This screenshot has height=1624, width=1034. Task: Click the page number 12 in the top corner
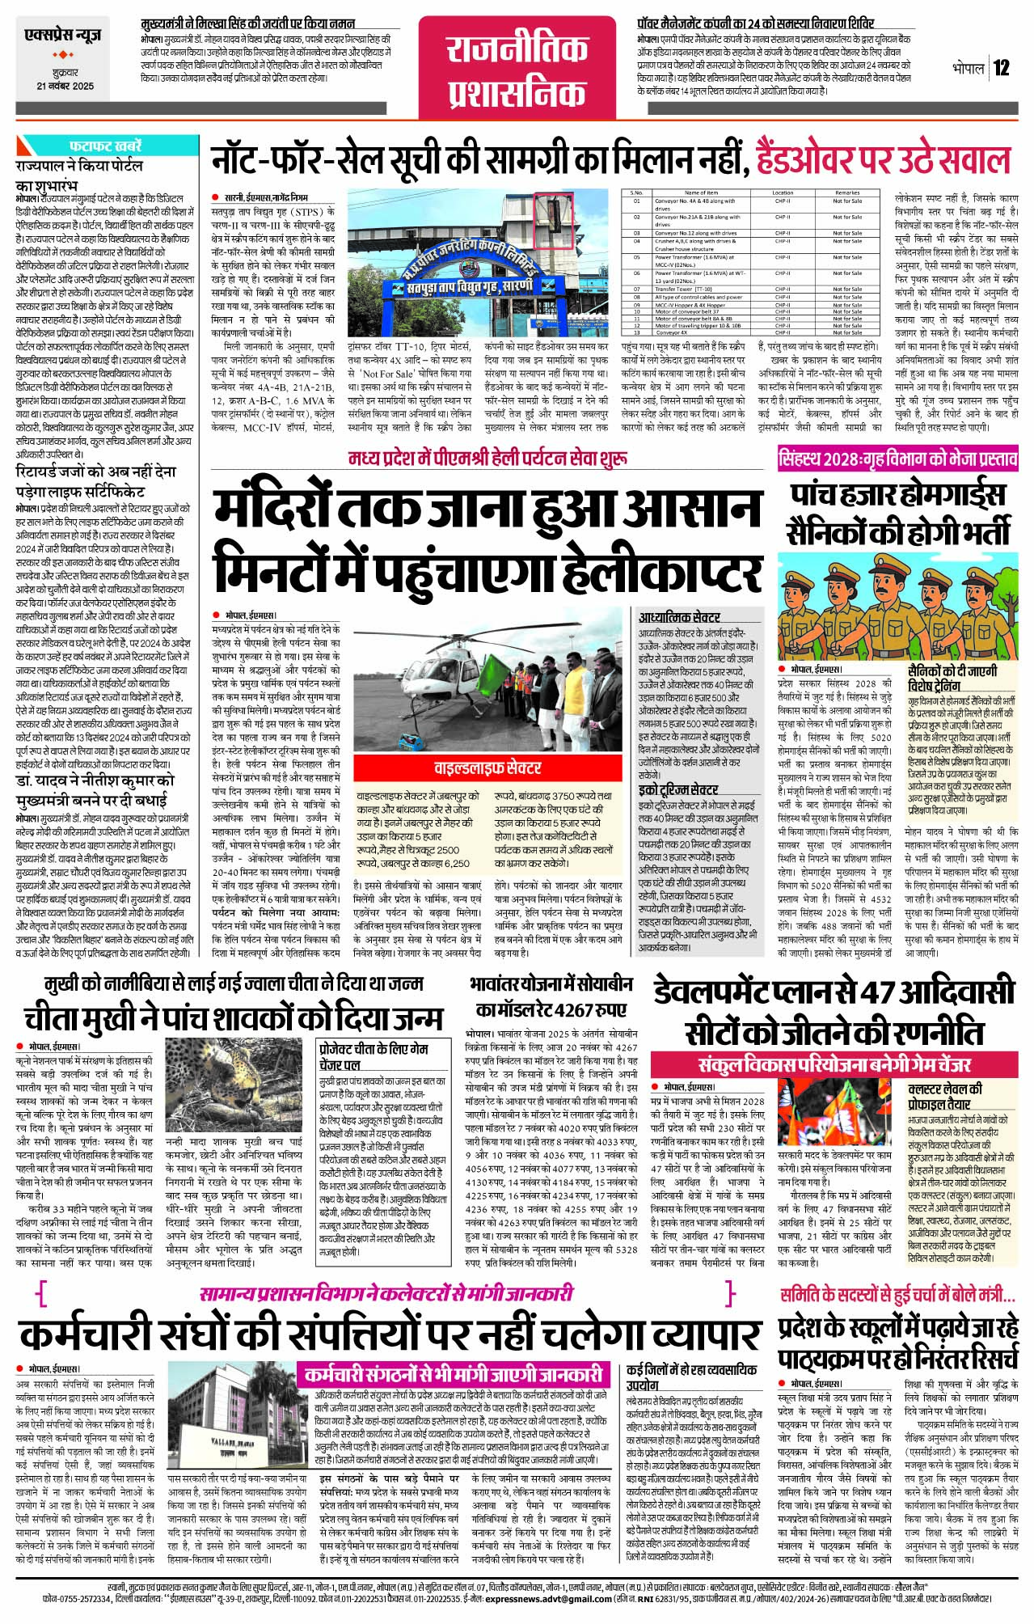click(x=1002, y=67)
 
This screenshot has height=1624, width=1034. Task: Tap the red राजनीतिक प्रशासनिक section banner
click(x=517, y=72)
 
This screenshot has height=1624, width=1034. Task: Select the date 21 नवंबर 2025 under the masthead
click(x=65, y=86)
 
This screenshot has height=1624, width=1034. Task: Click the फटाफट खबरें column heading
click(x=105, y=146)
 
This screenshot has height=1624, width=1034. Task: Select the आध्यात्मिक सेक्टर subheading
click(x=679, y=617)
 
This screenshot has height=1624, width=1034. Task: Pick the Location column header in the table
click(x=782, y=193)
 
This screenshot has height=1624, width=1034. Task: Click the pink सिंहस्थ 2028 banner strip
click(x=897, y=459)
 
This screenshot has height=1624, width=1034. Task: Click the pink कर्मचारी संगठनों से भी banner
click(x=453, y=1374)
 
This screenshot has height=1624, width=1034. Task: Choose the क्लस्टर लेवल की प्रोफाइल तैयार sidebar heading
click(x=946, y=1096)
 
